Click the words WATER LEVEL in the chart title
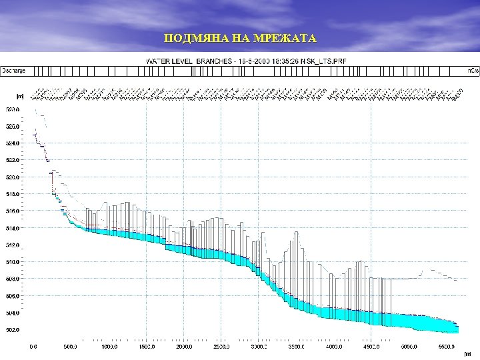point(169,61)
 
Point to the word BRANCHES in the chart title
point(213,61)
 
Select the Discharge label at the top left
point(14,70)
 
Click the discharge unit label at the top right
point(472,70)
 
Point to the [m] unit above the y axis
point(20,96)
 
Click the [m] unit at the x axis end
point(467,353)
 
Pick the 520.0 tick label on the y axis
point(13,177)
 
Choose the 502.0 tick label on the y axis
point(13,329)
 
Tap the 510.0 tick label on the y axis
point(13,262)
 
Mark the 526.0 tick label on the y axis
point(13,127)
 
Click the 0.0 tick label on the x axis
point(33,347)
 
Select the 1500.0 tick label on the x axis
point(146,347)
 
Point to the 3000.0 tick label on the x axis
point(259,347)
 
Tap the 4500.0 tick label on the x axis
point(372,347)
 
